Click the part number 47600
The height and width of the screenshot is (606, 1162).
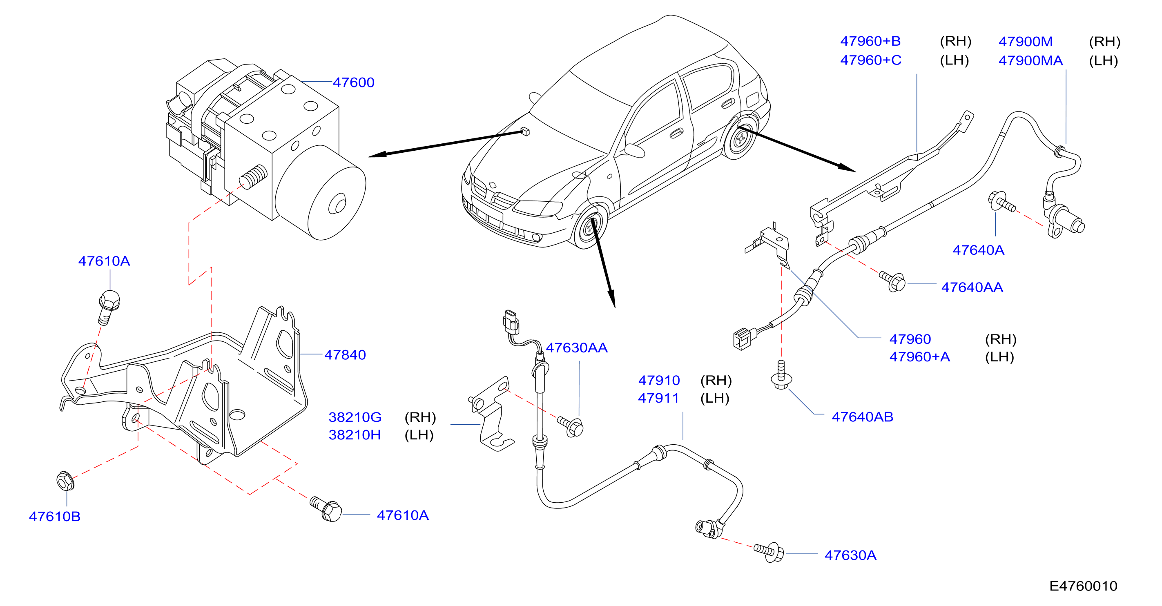point(353,82)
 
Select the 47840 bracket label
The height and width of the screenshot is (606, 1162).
point(345,355)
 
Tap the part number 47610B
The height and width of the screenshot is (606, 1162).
point(55,516)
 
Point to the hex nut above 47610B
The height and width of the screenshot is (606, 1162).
point(65,481)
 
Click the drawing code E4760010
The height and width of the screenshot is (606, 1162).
point(1083,586)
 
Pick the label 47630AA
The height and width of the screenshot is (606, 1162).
point(576,348)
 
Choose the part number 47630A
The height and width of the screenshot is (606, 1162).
point(850,555)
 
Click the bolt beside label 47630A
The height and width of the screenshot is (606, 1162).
point(769,551)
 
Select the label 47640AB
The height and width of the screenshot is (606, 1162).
point(862,417)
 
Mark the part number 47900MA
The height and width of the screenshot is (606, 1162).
point(1030,60)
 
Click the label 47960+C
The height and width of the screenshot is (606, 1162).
point(871,60)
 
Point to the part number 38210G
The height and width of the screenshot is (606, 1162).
point(355,417)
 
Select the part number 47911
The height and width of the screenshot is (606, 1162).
point(658,398)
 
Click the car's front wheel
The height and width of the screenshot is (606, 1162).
point(589,228)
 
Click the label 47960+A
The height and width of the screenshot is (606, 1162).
point(919,356)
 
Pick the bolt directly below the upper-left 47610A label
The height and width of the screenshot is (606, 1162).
point(108,306)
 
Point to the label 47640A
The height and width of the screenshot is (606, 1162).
point(978,250)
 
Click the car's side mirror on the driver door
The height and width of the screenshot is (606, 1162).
point(633,150)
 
